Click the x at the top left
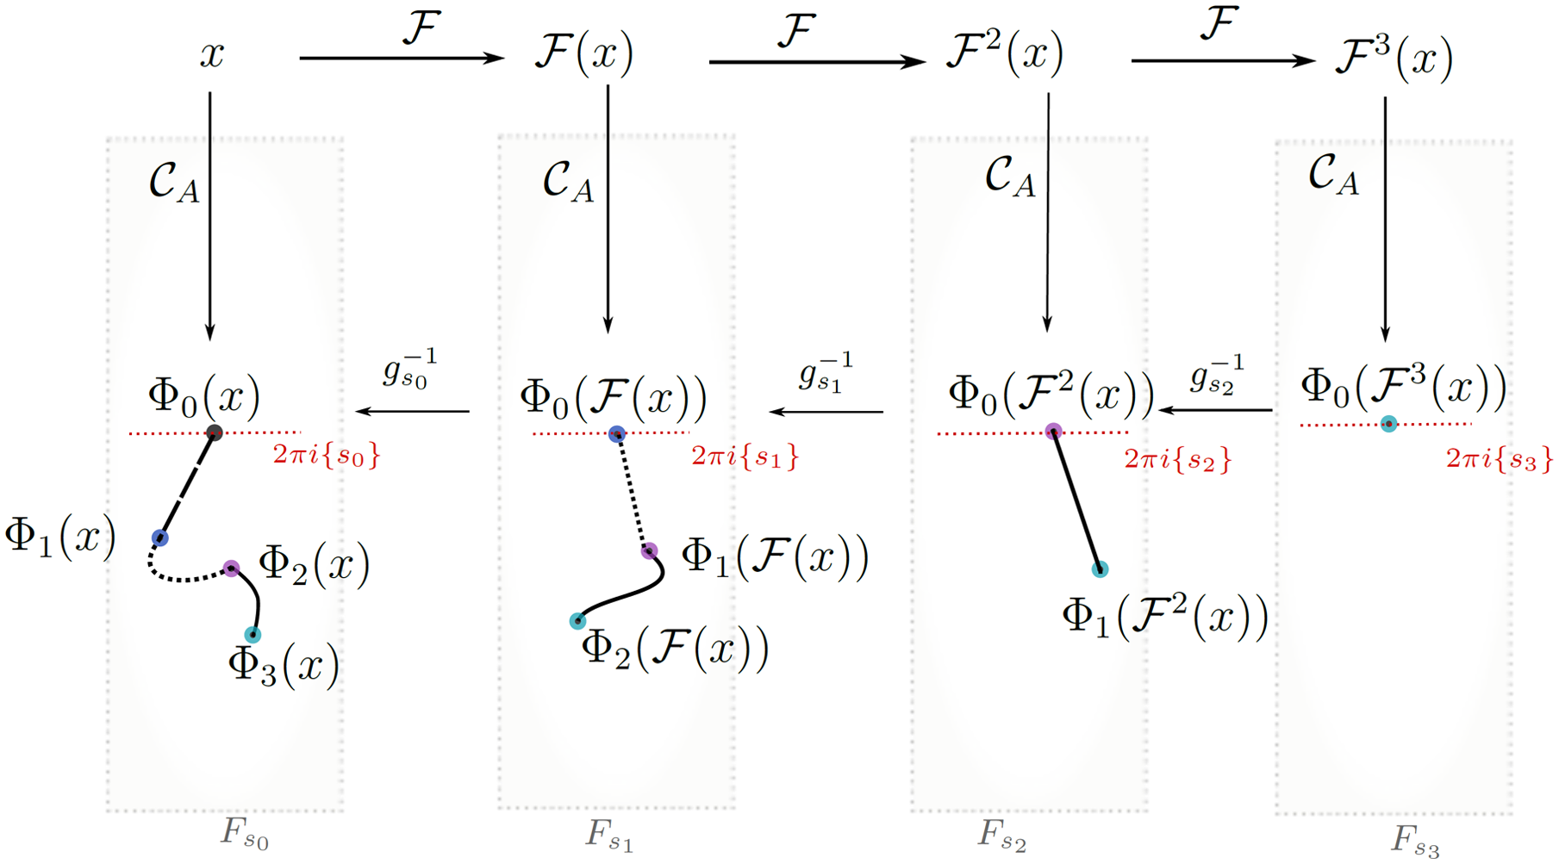(x=212, y=55)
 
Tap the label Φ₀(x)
(x=204, y=396)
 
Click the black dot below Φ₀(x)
(x=215, y=432)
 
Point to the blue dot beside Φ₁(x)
(x=160, y=538)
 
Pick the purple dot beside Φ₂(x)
(x=231, y=569)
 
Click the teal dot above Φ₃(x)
(x=253, y=635)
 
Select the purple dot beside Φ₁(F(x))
(x=649, y=551)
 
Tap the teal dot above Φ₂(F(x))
(x=577, y=621)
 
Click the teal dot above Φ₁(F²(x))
(x=1100, y=569)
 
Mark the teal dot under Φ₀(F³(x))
(x=1388, y=424)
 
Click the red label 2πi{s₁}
(x=745, y=457)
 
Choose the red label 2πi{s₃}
(x=1499, y=459)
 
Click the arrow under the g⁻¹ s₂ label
(x=1215, y=411)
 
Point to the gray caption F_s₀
(x=245, y=833)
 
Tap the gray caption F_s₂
(x=1001, y=835)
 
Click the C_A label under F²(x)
(x=1009, y=177)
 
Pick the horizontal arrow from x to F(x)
(x=401, y=59)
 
